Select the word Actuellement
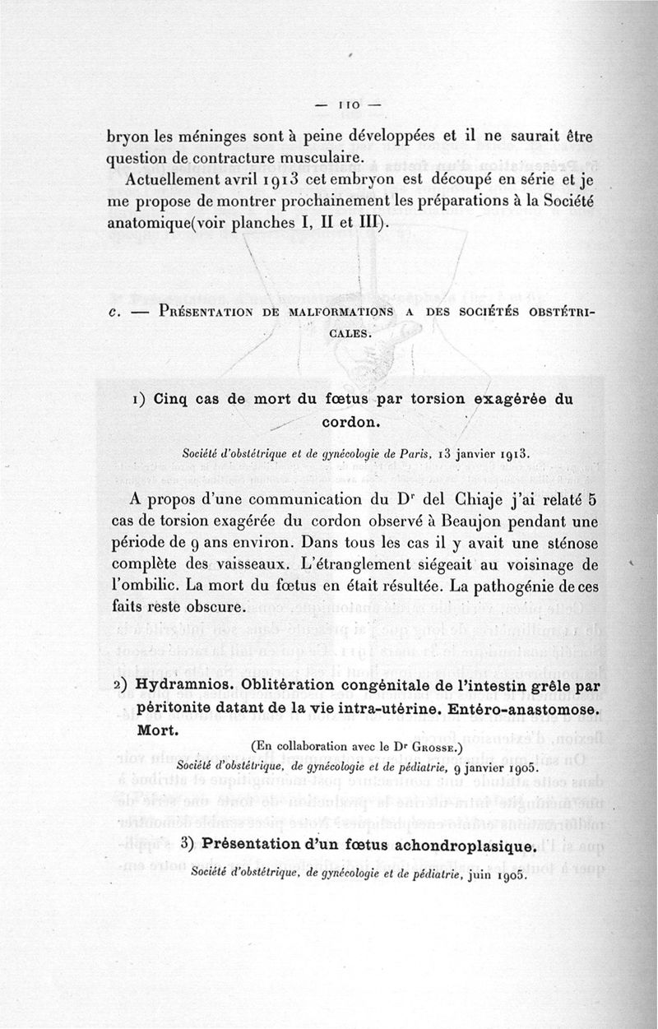(x=174, y=180)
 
